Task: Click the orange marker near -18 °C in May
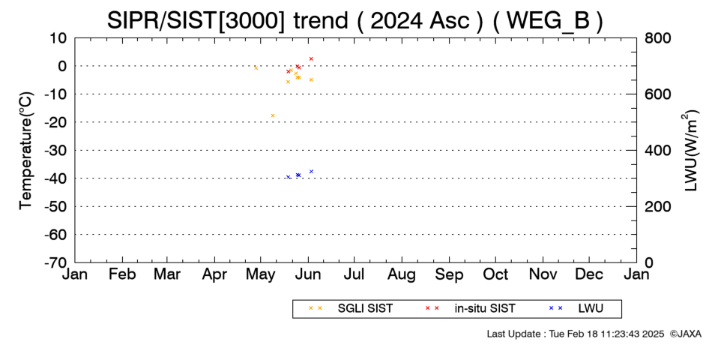click(273, 115)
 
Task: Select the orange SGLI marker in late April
click(256, 68)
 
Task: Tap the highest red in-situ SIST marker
click(311, 58)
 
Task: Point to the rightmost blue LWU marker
click(311, 171)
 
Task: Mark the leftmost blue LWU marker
click(289, 177)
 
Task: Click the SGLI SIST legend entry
click(351, 308)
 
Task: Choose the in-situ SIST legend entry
click(470, 308)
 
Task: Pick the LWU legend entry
click(576, 308)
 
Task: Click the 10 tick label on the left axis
click(58, 38)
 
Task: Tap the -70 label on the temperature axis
click(55, 262)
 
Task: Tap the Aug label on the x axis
click(402, 275)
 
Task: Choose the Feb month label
click(123, 274)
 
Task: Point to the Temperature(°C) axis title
click(26, 151)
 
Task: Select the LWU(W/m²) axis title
click(689, 151)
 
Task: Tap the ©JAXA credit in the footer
click(686, 334)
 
